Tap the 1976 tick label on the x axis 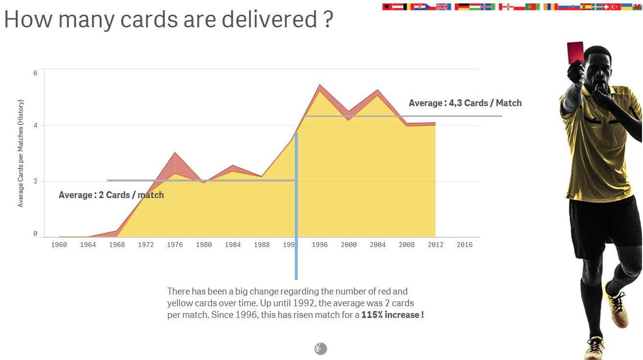point(175,245)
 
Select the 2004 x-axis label point(377,245)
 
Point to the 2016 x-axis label point(465,245)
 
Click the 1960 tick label point(59,245)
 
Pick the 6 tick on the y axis point(35,73)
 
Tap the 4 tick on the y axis point(35,125)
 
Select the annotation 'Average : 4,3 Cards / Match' point(465,103)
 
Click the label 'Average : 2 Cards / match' point(111,195)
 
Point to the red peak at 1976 point(175,154)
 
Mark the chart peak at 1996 point(320,86)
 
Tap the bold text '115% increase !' point(392,315)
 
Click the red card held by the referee point(575,51)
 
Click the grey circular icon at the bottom point(320,349)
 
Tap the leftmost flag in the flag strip point(387,7)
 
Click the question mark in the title point(328,20)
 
